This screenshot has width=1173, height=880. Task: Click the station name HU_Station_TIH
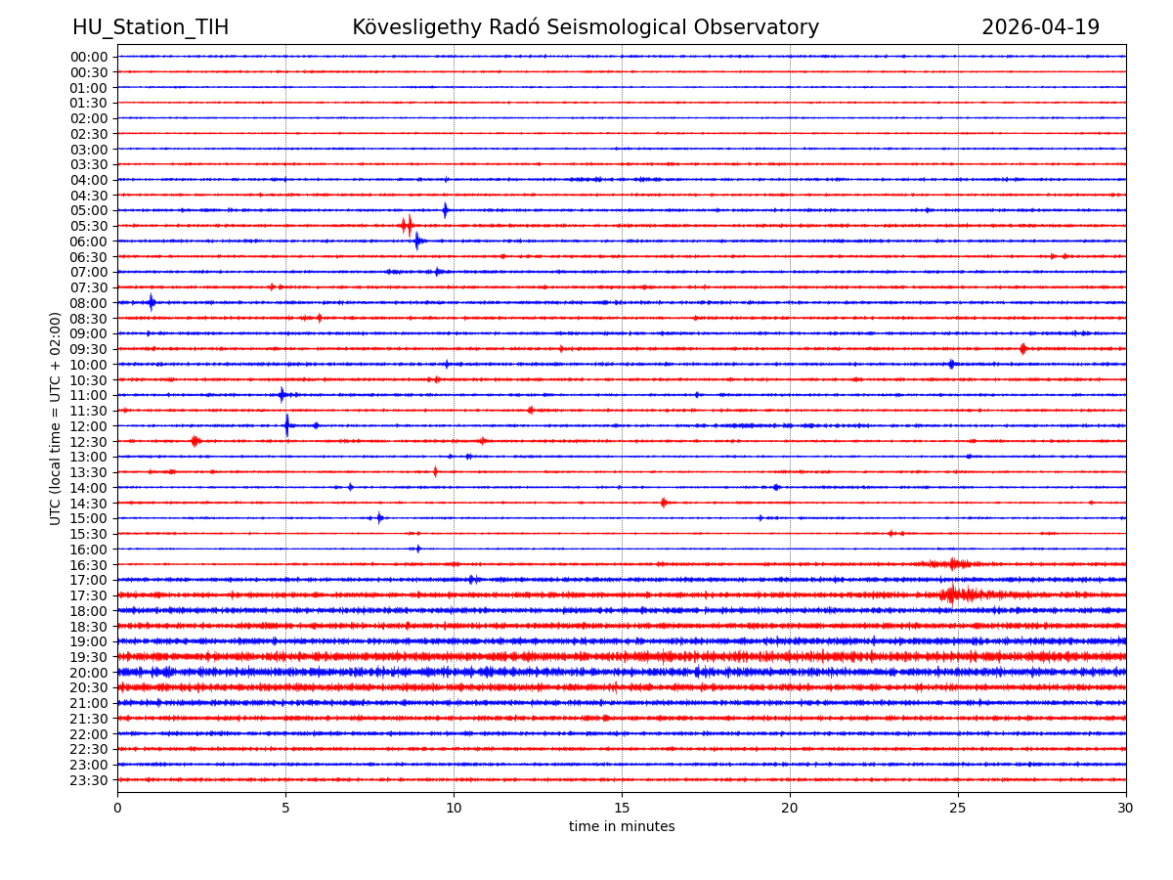pos(151,28)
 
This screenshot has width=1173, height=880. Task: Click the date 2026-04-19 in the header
pos(1040,28)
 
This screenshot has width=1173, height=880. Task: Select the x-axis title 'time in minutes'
pos(622,827)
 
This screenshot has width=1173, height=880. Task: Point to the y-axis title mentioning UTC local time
pos(56,418)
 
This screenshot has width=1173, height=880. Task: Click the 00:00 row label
pos(89,57)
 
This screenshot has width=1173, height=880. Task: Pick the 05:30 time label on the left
pos(89,226)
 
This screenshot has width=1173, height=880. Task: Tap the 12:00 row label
pos(89,426)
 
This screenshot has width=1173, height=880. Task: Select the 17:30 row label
pos(89,595)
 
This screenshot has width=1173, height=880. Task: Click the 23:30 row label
pos(89,780)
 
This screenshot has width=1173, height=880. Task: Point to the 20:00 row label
pos(89,673)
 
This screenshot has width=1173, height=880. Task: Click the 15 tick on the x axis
pos(622,808)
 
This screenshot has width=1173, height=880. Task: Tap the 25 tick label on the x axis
pos(958,808)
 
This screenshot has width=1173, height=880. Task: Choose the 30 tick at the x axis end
pos(1126,808)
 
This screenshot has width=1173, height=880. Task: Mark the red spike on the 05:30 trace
pos(407,226)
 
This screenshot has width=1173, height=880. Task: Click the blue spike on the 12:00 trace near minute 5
pos(286,425)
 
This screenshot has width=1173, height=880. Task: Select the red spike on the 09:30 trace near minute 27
pos(1022,349)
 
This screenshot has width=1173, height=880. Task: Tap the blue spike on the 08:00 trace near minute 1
pos(152,302)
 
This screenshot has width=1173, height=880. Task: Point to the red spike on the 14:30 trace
pos(664,503)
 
